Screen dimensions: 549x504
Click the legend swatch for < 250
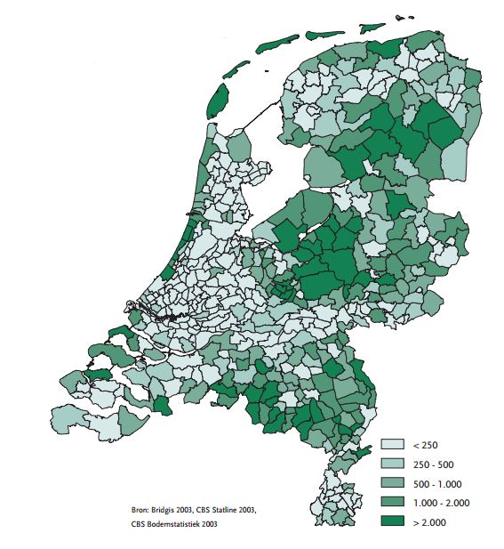click(392, 443)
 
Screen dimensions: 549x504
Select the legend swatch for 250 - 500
click(392, 463)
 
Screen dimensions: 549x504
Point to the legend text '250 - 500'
click(433, 464)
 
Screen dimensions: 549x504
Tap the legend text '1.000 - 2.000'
click(442, 502)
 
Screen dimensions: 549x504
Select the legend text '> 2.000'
click(429, 521)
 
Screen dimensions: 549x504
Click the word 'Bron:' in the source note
click(141, 509)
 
